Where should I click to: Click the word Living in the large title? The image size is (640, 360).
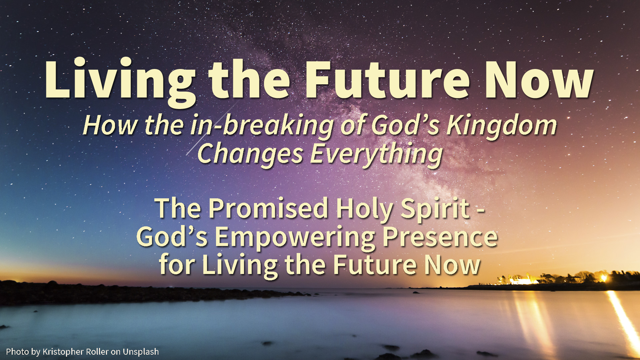click(x=120, y=82)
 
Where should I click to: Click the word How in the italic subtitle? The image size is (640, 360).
click(x=110, y=125)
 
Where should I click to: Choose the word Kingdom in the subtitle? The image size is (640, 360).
click(x=502, y=125)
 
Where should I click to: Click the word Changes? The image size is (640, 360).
click(x=250, y=154)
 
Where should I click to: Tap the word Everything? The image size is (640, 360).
click(x=376, y=154)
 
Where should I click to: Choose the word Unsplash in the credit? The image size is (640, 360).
click(x=141, y=352)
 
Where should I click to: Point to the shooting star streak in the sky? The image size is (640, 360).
click(x=212, y=128)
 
